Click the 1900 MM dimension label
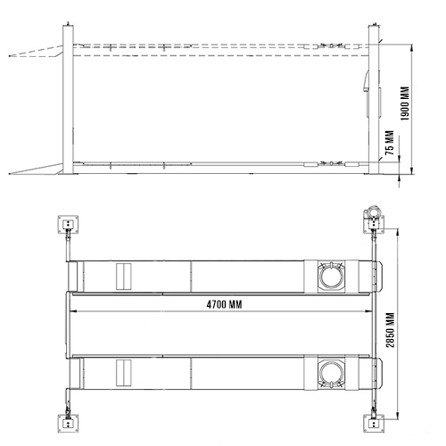click(x=405, y=103)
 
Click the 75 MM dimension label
click(x=390, y=143)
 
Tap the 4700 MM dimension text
click(x=224, y=304)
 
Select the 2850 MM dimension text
click(x=390, y=330)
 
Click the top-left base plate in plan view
click(x=68, y=224)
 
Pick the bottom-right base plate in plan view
click(x=374, y=423)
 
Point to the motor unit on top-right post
click(x=373, y=211)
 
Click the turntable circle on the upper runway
click(x=332, y=276)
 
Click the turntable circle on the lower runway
click(x=332, y=373)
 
